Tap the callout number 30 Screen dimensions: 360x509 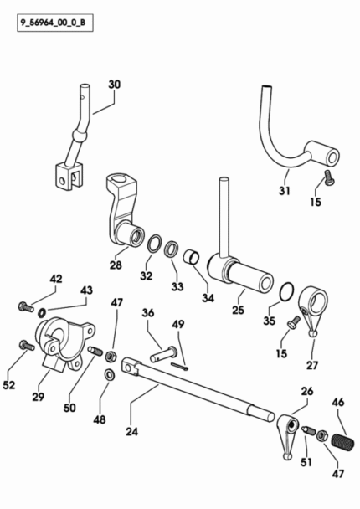(114, 85)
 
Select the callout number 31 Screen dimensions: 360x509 (285, 190)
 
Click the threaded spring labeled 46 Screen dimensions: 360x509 (342, 442)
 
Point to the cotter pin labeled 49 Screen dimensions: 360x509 (180, 366)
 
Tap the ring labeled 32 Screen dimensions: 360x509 (155, 243)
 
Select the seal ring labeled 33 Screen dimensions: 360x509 (171, 249)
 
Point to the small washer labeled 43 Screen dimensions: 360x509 (42, 313)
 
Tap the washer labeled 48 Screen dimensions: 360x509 (109, 374)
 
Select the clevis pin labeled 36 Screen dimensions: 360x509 (163, 354)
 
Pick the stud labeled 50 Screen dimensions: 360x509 (95, 352)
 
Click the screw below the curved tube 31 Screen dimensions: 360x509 (329, 177)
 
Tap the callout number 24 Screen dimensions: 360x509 (132, 431)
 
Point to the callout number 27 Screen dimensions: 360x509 (312, 365)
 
